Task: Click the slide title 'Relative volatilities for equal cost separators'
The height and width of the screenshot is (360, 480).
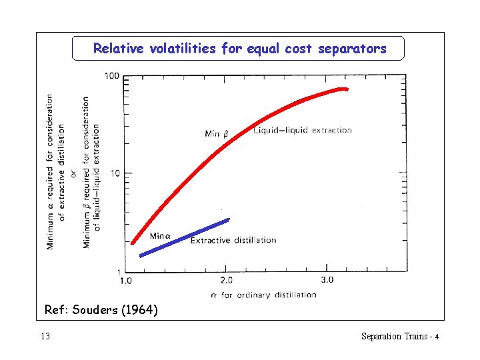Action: tap(239, 49)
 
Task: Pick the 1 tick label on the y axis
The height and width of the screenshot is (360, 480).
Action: tap(117, 271)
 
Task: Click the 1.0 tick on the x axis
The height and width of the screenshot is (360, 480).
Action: tap(125, 281)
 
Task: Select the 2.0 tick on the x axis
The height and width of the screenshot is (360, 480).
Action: tap(226, 281)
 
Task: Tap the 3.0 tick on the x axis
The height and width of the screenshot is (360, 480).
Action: tap(327, 281)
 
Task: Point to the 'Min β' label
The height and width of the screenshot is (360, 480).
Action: tap(217, 134)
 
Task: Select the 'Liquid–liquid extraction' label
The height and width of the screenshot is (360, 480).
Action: tap(303, 130)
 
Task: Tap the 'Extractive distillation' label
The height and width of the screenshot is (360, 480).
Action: tap(233, 240)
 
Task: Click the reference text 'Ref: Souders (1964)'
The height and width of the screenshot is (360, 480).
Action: tap(101, 310)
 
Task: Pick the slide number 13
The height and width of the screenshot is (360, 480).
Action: tap(45, 336)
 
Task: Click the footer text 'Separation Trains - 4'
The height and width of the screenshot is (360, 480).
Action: tap(399, 336)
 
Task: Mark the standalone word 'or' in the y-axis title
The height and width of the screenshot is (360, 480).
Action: tap(73, 170)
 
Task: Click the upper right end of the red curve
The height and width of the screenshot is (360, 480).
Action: tap(345, 89)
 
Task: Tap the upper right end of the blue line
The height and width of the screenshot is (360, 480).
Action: tap(228, 219)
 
